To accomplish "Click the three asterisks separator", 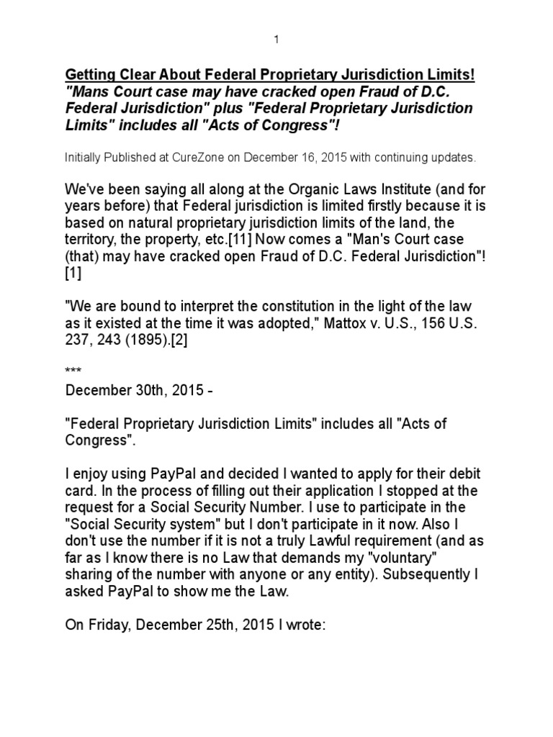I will [x=73, y=371].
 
